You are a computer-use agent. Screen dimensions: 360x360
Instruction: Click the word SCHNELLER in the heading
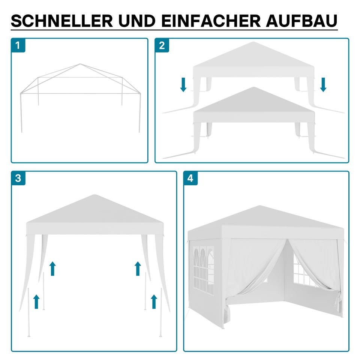coord(62,21)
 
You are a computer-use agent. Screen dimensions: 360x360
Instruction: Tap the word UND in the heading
coord(137,21)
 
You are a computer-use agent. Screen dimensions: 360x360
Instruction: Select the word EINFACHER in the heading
coord(211,21)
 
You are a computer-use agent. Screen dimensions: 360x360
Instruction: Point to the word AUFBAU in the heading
coord(301,21)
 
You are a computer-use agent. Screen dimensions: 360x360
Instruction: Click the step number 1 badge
coord(18,45)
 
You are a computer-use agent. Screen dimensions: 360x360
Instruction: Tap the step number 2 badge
coord(162,45)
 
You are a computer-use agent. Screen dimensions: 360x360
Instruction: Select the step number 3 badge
coord(18,178)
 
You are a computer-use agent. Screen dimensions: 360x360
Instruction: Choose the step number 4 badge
coord(190,178)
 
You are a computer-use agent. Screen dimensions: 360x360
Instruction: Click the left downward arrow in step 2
coord(183,85)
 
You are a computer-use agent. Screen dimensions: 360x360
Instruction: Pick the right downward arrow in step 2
coord(323,85)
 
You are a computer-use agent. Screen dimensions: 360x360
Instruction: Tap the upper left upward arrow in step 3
coord(52,268)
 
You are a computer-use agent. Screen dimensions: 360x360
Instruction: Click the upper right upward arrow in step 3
coord(138,268)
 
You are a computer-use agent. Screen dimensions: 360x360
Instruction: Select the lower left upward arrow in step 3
coord(36,301)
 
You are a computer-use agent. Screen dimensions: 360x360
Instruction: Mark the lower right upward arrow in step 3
coord(154,301)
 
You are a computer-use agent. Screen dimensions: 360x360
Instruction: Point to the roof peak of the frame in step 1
coord(80,64)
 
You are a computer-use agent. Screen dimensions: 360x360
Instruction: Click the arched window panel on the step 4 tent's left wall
coord(203,271)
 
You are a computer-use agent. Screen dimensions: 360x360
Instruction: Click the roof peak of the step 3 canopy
coord(94,195)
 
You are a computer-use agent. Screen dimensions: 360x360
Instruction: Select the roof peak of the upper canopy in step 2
coord(253,42)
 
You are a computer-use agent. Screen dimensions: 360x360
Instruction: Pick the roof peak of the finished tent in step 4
coord(259,206)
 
